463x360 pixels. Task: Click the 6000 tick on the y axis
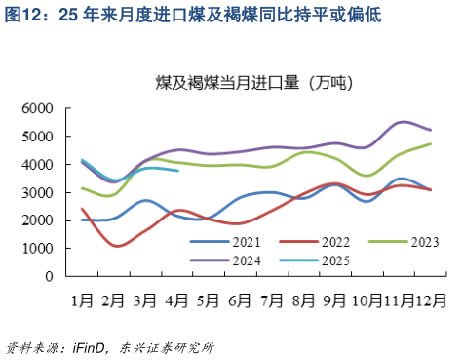(37, 108)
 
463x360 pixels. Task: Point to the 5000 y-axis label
(37, 137)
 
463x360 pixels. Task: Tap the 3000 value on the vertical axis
(37, 192)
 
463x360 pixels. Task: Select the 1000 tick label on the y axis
(37, 249)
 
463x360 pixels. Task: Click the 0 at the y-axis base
(50, 277)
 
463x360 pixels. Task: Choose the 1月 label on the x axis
(82, 294)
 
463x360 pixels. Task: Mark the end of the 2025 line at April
(177, 171)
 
